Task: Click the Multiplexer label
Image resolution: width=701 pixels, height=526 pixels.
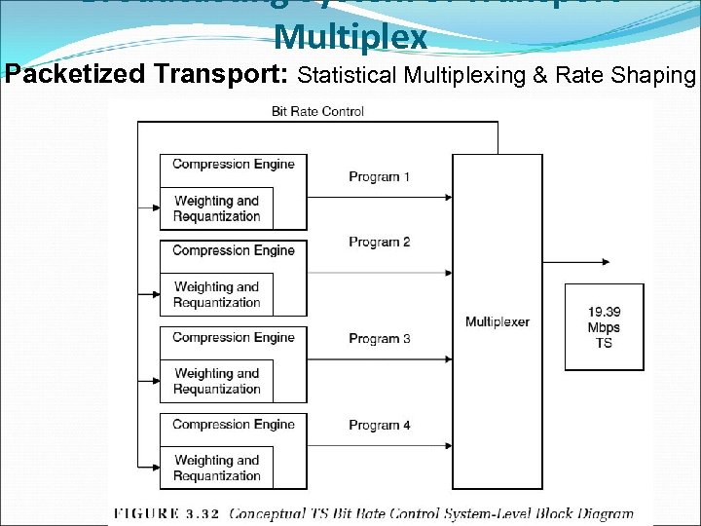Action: point(498,321)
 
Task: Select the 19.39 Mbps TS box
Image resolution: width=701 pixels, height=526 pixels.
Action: point(604,327)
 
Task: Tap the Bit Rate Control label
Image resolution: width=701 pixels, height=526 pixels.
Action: point(317,111)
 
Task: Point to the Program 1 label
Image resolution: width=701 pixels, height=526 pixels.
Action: point(380,177)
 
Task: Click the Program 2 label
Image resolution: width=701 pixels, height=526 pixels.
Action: point(380,243)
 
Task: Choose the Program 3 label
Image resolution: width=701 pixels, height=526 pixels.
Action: point(380,339)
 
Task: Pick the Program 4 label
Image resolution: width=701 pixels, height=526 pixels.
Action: point(380,426)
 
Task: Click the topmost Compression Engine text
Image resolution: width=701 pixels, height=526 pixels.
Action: point(233,164)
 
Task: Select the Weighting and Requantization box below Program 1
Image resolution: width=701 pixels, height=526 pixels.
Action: point(217,208)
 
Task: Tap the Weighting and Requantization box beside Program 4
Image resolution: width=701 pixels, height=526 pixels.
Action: point(217,468)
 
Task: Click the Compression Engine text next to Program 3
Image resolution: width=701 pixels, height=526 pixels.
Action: point(233,338)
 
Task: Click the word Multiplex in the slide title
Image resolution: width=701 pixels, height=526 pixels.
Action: point(350,37)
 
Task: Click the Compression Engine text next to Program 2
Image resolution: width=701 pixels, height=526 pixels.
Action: point(233,250)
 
